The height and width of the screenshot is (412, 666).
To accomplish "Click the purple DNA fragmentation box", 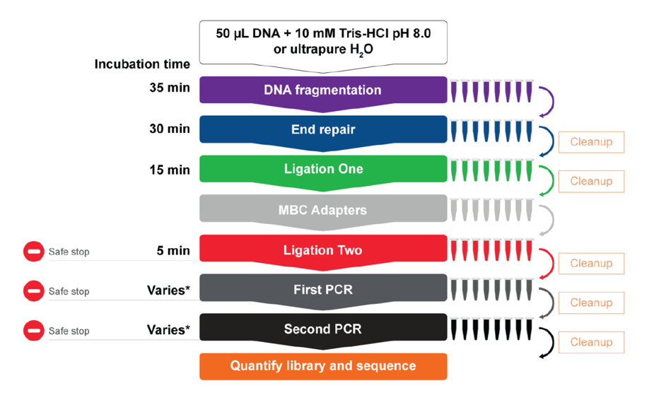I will click(x=323, y=90).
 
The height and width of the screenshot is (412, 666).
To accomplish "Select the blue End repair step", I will click(x=323, y=130).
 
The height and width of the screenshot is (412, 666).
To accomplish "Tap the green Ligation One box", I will click(x=323, y=170).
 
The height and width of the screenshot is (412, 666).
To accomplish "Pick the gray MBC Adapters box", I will click(x=323, y=210).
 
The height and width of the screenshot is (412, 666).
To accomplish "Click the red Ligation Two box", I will click(x=323, y=250).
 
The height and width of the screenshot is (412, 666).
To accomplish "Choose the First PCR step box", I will click(x=323, y=290).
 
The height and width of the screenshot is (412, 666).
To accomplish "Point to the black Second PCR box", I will click(x=323, y=329).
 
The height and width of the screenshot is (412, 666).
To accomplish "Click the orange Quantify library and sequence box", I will click(x=323, y=366).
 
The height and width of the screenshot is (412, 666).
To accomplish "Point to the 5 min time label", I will click(x=173, y=250).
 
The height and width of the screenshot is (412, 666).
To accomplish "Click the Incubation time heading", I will click(x=142, y=64).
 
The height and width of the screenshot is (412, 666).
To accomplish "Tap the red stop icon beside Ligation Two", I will click(x=34, y=252).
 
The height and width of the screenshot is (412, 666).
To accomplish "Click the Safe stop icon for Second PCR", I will click(x=34, y=331).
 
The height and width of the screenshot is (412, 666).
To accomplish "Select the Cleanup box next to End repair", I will click(x=591, y=142).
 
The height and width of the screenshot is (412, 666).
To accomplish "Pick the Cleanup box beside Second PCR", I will click(x=591, y=343).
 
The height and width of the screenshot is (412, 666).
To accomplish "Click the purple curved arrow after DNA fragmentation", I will click(x=546, y=100).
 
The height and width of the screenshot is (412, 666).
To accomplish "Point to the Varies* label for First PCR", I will click(x=168, y=290).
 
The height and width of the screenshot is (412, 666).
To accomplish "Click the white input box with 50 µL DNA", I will click(x=323, y=41).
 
